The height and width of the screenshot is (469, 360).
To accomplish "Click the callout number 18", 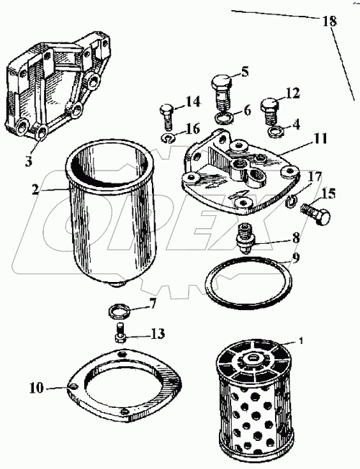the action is coord(330,21).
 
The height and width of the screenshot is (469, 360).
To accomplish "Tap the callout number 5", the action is coord(244,71).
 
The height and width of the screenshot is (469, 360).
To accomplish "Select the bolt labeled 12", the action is coord(269,111).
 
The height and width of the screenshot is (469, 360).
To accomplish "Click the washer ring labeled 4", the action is coord(276,132).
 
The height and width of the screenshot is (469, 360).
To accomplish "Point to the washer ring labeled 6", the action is coord(222,119).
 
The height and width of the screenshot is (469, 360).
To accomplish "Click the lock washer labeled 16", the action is coord(168,138).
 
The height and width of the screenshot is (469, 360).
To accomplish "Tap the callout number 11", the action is coord(320,140).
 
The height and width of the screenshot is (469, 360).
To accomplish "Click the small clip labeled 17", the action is coord(290,201).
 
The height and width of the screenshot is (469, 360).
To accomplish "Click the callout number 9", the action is coord(294,258).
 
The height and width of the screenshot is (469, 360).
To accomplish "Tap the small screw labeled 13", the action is coord(120,333).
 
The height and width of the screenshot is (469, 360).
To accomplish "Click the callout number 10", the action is coord(36,388).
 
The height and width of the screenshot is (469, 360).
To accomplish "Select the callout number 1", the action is coord(301,340).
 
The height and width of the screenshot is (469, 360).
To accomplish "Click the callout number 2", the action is coord(36,190).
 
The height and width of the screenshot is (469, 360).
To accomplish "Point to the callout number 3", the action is coord(28,162).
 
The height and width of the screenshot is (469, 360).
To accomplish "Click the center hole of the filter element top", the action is coord(253,358).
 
